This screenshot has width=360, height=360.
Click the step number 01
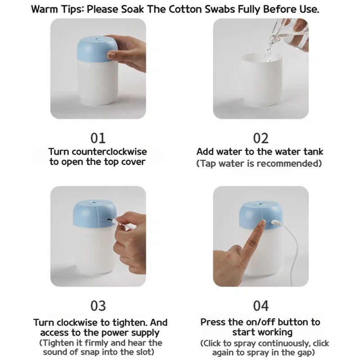pos(98,138)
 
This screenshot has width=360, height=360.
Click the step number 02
pos(261,138)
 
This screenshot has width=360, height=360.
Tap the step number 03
pos(98,306)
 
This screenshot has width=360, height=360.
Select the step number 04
pos(261,306)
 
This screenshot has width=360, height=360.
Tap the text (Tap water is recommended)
pos(260,163)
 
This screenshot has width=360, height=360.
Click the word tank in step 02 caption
pos(314,152)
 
